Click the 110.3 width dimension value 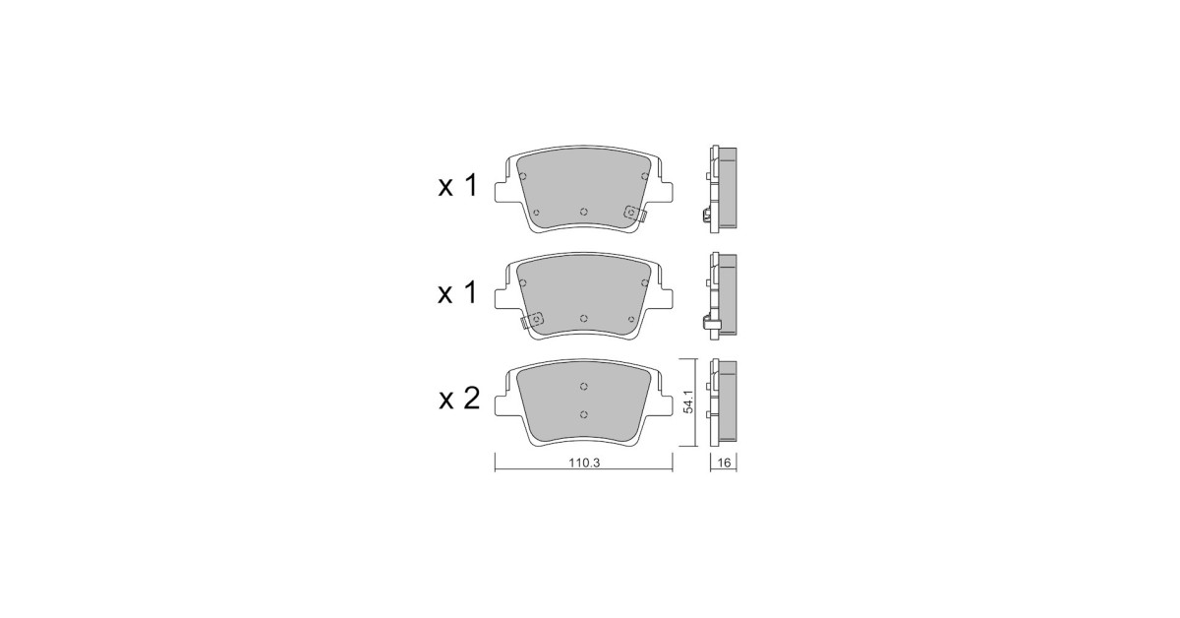coord(584,463)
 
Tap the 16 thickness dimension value coord(725,463)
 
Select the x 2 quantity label coord(459,399)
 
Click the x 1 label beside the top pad coord(458,186)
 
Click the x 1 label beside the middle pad coord(458,293)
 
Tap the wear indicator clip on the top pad coord(635,214)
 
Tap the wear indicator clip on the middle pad coord(532,320)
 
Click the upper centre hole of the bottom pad coord(584,387)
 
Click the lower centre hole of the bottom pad coord(584,414)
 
